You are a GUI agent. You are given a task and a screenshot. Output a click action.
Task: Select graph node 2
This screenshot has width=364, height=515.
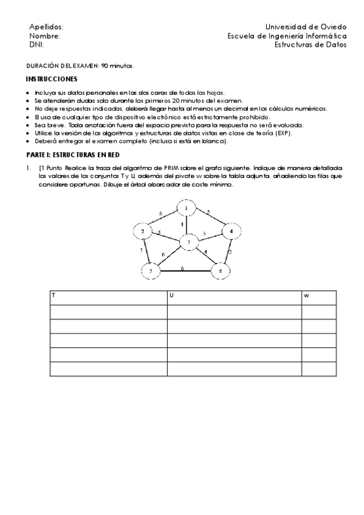click(142, 231)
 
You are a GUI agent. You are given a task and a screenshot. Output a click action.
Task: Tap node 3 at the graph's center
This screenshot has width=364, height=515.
click(188, 242)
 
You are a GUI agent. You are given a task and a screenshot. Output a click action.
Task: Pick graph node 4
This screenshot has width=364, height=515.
click(231, 231)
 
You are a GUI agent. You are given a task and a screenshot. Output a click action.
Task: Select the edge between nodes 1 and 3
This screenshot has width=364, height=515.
click(187, 225)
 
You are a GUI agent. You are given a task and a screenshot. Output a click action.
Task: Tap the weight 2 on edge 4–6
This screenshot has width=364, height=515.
click(230, 250)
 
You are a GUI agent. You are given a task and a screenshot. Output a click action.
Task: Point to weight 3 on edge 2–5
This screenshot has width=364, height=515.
click(142, 250)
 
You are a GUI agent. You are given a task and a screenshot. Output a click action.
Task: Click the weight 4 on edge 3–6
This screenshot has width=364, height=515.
click(205, 252)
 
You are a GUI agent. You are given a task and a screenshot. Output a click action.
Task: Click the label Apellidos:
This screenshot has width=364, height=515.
click(46, 27)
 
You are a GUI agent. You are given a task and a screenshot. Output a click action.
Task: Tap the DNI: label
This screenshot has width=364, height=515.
click(36, 44)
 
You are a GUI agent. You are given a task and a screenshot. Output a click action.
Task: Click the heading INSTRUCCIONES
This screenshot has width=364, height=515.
click(52, 80)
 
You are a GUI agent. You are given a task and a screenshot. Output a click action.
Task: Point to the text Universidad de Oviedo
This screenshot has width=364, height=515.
click(306, 27)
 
